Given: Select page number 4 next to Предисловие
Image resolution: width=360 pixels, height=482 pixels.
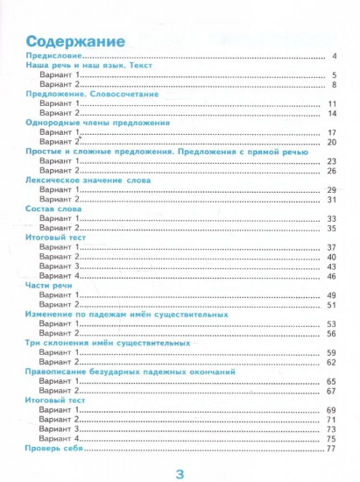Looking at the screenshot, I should point(335,56).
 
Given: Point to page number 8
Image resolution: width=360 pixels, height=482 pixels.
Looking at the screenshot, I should point(334,85).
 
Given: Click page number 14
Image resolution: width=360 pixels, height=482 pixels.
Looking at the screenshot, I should point(332,113).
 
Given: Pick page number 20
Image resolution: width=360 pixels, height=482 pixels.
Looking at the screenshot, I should point(332,142).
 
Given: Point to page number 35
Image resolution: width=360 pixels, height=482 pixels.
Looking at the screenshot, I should point(332,227).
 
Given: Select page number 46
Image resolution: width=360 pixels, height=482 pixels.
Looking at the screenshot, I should point(332,275).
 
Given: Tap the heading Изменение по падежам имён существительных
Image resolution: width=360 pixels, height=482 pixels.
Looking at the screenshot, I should point(128,313).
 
